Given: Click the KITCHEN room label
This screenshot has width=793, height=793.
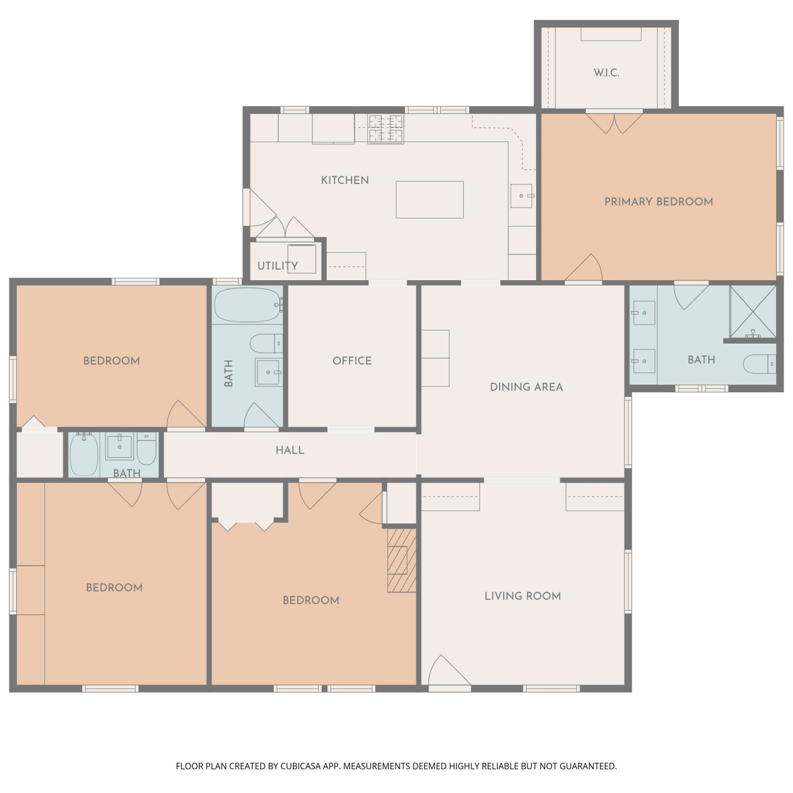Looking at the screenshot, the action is click(345, 180).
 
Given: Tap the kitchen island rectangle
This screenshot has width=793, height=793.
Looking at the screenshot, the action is click(430, 200).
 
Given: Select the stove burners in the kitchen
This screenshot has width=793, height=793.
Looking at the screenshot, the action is click(386, 130).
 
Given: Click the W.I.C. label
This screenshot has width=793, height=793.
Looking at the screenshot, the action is click(606, 73).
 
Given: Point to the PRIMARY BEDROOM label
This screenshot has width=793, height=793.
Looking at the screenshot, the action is click(659, 201).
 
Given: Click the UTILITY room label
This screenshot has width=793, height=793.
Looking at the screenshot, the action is click(278, 265).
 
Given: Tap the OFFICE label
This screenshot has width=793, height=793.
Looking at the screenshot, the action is click(352, 361).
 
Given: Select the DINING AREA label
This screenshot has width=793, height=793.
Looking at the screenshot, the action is click(527, 387).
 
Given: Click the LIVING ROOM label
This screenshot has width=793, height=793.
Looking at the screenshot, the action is click(523, 596).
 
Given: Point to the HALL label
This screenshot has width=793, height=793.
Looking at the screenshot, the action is click(290, 450).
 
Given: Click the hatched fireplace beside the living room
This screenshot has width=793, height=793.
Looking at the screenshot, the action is click(402, 560).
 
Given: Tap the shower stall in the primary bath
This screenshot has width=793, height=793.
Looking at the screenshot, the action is click(753, 312).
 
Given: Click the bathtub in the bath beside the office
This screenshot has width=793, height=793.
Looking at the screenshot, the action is click(248, 305).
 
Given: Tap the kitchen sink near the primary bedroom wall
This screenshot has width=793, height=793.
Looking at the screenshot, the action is click(522, 196).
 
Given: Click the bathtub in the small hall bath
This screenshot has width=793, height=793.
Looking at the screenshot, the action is click(84, 454).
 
